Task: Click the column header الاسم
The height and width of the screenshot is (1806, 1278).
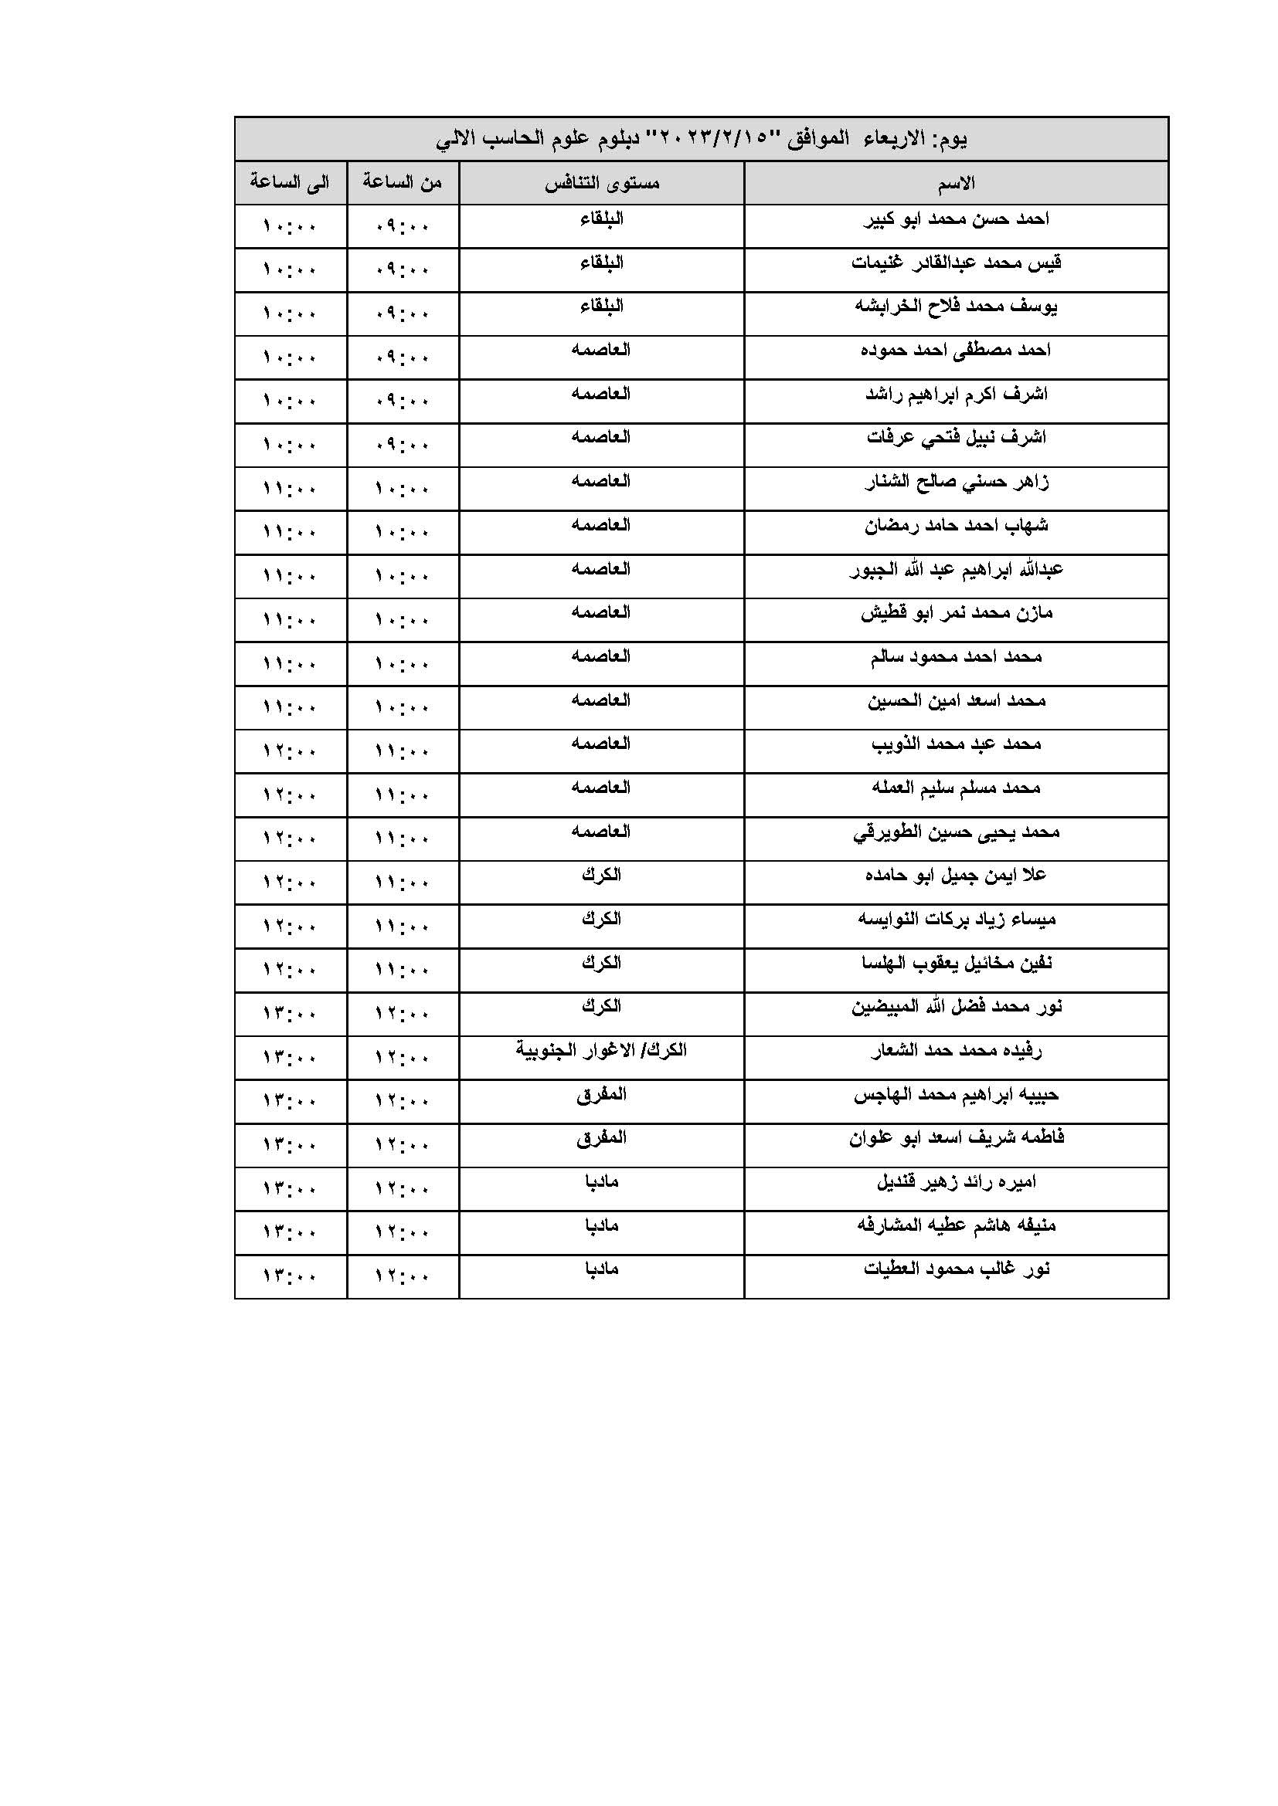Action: coord(955,183)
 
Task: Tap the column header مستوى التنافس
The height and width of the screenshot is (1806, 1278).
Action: coord(602,183)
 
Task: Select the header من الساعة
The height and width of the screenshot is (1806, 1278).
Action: coord(402,182)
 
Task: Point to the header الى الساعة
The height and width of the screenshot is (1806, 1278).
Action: coord(290,182)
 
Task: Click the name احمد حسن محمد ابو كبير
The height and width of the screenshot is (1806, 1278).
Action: coord(955,219)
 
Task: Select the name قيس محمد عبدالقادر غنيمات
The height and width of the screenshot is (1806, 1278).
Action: coord(955,262)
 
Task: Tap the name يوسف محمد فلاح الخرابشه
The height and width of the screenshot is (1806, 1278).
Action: coord(955,306)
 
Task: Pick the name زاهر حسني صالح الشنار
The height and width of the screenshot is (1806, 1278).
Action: coord(955,481)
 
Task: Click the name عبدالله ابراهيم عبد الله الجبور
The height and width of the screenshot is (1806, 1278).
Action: coord(955,569)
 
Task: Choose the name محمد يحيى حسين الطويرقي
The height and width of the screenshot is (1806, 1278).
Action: coord(955,832)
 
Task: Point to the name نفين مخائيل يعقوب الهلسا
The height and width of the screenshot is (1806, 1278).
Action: coord(955,963)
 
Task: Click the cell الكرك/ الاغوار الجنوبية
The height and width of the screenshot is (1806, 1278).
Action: coord(601,1050)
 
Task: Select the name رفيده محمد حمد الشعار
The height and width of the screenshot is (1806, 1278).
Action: coord(955,1050)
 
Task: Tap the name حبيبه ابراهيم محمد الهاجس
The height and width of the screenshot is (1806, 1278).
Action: coord(955,1094)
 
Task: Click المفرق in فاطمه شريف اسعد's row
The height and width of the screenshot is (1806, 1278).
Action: coord(601,1137)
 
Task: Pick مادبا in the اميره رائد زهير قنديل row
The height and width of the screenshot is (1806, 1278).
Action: coord(601,1181)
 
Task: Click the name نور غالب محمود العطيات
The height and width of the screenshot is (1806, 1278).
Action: coord(955,1269)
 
